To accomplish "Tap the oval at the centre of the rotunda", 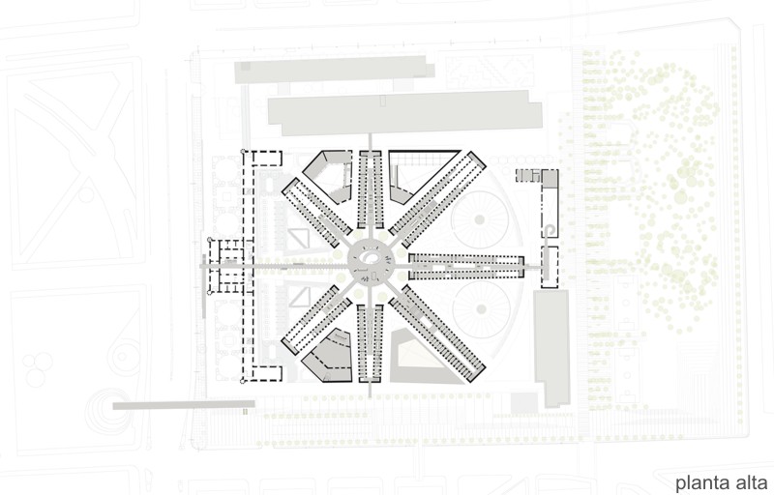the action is point(371,258).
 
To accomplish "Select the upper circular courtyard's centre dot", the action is point(479,219).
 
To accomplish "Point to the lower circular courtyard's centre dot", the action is point(481,309).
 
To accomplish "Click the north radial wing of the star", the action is point(371,189).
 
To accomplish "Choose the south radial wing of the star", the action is point(371,342).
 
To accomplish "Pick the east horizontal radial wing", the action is point(466,267).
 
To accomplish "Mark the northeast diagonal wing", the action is point(437,199).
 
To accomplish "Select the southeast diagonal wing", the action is point(437,333).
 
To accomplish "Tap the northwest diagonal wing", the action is point(317,213).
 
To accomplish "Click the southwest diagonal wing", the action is point(317,319).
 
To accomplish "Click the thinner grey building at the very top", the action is point(335,69).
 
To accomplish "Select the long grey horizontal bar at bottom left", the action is point(184,405).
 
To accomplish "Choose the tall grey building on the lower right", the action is point(551,348).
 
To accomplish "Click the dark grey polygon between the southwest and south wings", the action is point(327,355).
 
